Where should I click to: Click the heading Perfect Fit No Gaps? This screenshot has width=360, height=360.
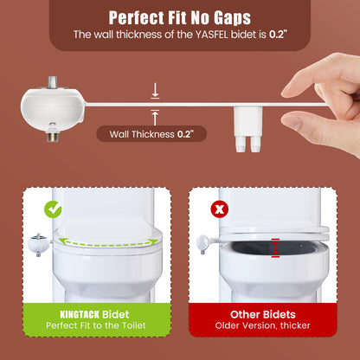tap(179, 16)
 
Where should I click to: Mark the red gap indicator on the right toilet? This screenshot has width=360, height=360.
tap(275, 248)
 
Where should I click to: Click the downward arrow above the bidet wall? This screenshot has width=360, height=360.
tap(154, 88)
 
